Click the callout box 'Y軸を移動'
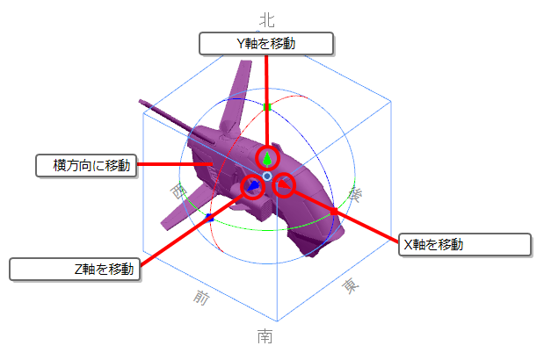pos(266,44)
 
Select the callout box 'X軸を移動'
pos(465,245)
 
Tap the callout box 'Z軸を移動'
pos(75,269)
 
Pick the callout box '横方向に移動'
pos(86,165)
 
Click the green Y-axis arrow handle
pos(267,159)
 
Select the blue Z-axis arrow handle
pos(253,186)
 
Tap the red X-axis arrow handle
pos(284,184)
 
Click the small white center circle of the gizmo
pos(267,176)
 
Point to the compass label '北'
pos(267,20)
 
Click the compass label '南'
pos(265,336)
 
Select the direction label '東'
pos(351,286)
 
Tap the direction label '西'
pos(178,191)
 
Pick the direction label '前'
pos(201,298)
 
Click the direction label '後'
pos(356,194)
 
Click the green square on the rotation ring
pos(267,107)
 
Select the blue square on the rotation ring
pos(209,218)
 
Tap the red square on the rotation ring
pos(334,211)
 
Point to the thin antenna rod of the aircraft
pos(166,117)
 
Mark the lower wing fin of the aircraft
pos(187,207)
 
